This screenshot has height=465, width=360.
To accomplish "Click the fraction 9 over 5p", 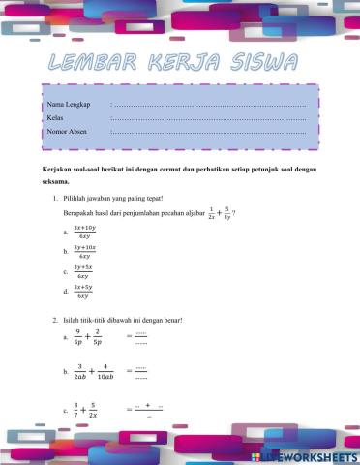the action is (x=78, y=337).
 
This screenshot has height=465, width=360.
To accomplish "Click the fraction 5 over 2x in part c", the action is (x=92, y=411).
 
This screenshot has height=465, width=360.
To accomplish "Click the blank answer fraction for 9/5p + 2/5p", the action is (x=140, y=337).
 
